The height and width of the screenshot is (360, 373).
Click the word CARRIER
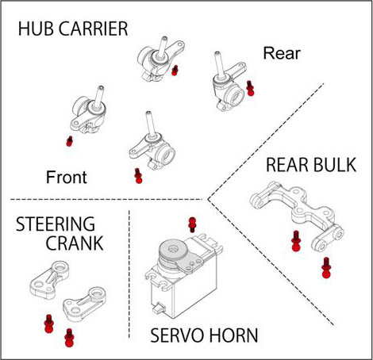[x=94, y=29]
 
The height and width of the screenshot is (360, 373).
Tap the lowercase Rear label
[x=282, y=53]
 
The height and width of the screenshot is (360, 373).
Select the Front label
[x=67, y=177]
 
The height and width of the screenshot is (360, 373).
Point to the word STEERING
[x=56, y=224]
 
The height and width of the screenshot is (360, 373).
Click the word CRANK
[x=75, y=243]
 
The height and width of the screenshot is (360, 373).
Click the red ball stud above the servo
[x=192, y=224]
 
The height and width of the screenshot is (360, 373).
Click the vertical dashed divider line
[x=129, y=274]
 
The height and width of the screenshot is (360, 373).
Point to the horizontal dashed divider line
[x=106, y=199]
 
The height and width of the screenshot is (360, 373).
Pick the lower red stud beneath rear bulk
[x=326, y=267]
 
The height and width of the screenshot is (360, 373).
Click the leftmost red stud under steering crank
[x=48, y=324]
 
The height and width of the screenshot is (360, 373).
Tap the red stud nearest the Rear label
[x=250, y=88]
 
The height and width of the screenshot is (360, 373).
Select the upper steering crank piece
[x=49, y=280]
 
